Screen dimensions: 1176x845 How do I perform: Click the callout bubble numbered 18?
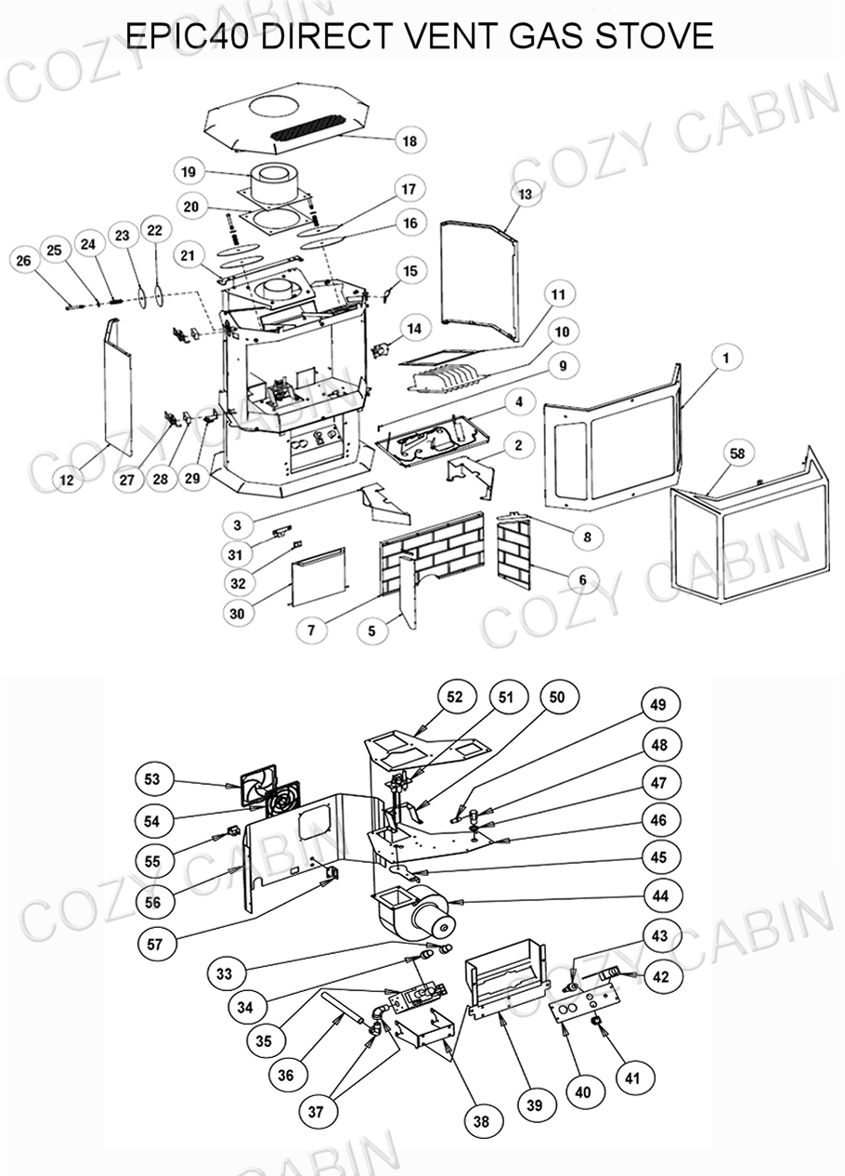[409, 141]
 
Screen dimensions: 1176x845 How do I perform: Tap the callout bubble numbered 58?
[736, 453]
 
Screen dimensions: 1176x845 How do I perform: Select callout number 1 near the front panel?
[726, 357]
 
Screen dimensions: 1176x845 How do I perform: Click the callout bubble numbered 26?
[24, 261]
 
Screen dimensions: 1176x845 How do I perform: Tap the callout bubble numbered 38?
[480, 1121]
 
